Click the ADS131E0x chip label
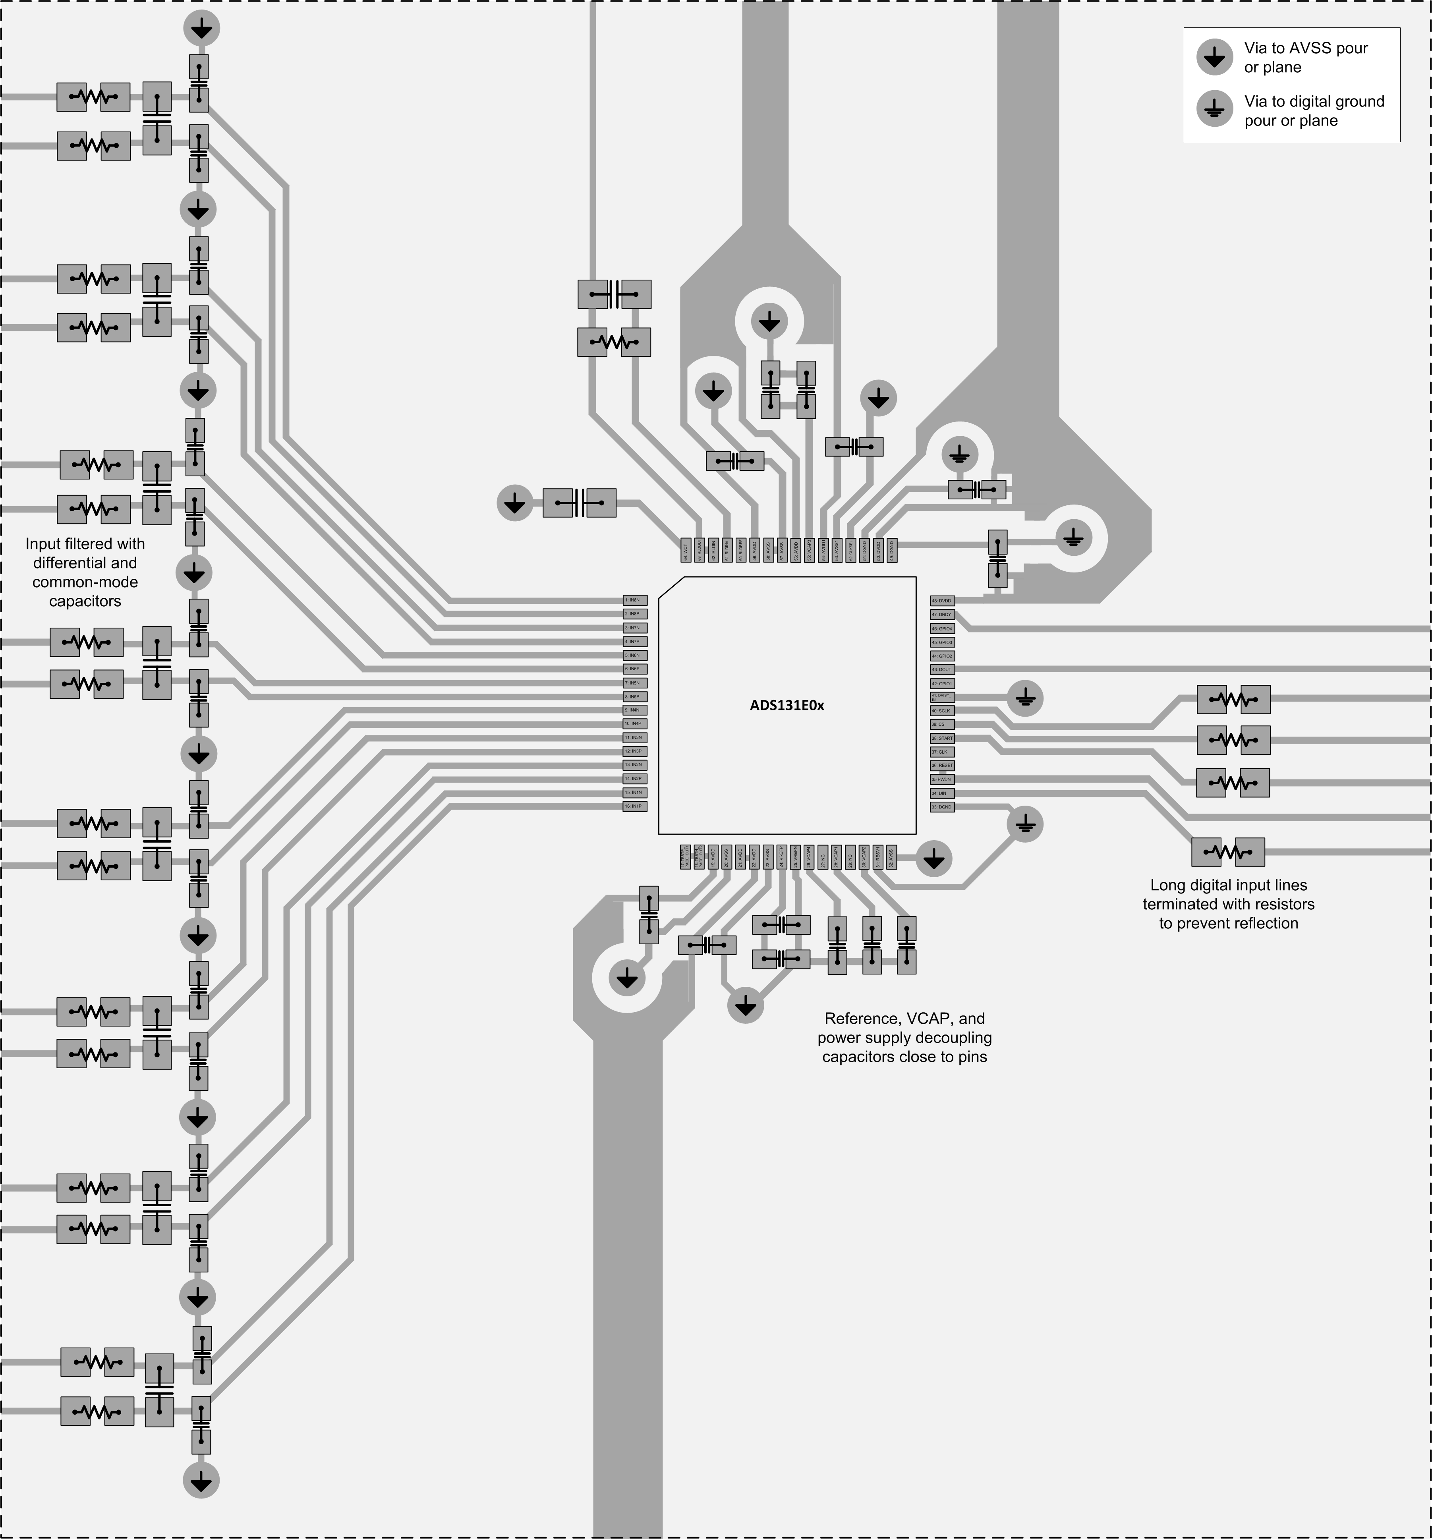(787, 705)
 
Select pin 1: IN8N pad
(635, 600)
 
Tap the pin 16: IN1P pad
(635, 807)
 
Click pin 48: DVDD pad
(942, 601)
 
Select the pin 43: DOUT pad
(942, 670)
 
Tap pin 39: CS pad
(942, 725)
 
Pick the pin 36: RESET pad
(942, 766)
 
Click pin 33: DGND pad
(942, 807)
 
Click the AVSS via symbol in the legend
(1214, 57)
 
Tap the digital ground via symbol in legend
(1214, 110)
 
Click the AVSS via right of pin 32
(934, 859)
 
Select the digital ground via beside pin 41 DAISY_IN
(1025, 698)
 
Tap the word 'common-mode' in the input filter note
(85, 582)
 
